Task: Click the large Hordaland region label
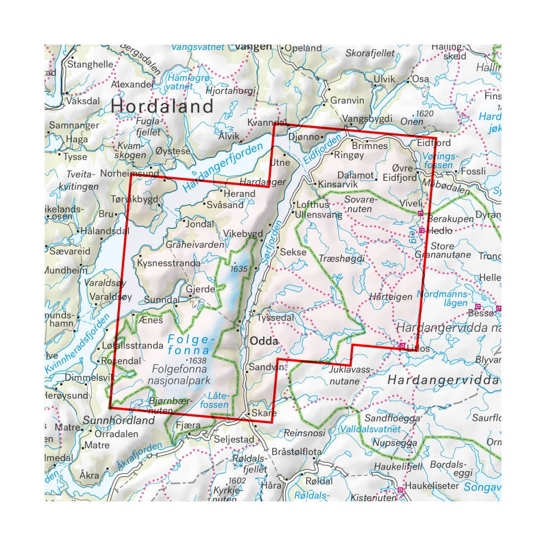pos(162,106)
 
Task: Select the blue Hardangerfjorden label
pos(223,168)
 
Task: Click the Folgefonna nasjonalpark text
pos(182,374)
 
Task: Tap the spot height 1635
pos(239,269)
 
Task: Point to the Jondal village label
pos(200,224)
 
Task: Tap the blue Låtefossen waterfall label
pos(219,400)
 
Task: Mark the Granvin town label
pos(347,100)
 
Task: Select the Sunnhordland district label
pos(119,421)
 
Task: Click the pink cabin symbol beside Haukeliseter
pos(400,490)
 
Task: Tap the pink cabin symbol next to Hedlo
pos(422,230)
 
